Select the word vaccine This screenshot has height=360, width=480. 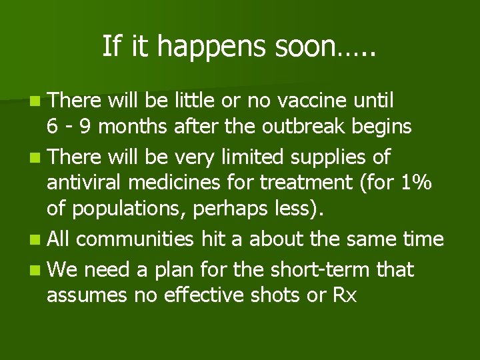tap(313, 101)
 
